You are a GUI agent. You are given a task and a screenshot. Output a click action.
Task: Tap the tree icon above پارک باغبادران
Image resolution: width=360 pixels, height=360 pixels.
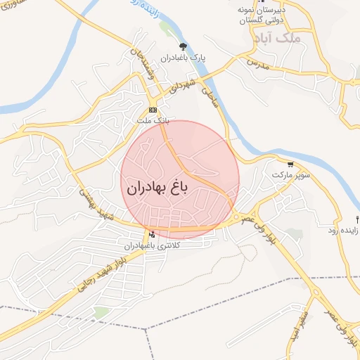point(183,47)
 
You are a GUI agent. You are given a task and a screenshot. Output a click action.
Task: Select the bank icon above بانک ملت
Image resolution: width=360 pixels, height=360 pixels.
point(153,111)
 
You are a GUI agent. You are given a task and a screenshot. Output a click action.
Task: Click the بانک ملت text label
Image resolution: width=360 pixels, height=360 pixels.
point(153,121)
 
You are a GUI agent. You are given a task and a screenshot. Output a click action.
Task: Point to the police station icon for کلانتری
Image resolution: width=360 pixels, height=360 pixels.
point(151,235)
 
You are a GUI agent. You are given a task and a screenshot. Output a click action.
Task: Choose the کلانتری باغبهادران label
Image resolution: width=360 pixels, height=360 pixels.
point(152,245)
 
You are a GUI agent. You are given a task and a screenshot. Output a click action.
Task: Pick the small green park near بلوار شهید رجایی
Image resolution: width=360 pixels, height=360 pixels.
point(102,311)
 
